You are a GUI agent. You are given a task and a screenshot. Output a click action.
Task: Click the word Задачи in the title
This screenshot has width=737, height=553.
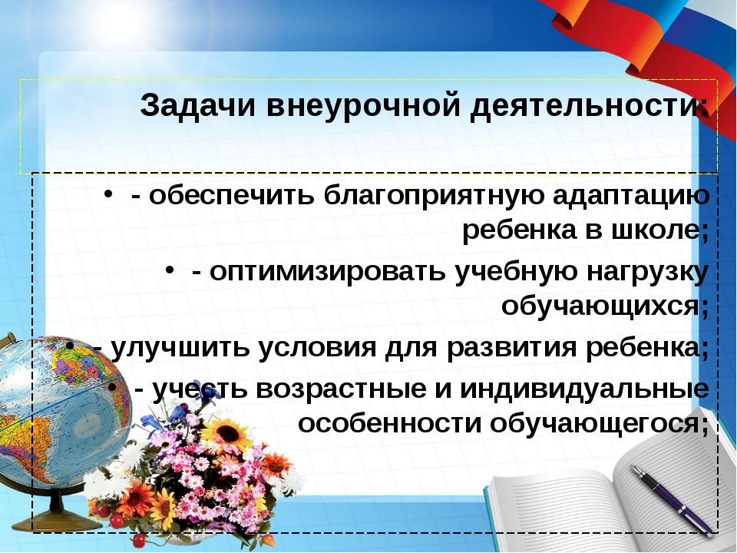pyautogui.click(x=198, y=106)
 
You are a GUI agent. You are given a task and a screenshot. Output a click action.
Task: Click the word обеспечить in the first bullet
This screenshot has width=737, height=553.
pyautogui.click(x=231, y=194)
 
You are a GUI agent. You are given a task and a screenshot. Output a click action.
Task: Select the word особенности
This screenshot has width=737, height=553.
pyautogui.click(x=390, y=423)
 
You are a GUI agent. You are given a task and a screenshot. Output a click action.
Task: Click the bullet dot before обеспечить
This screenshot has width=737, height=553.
pyautogui.click(x=108, y=194)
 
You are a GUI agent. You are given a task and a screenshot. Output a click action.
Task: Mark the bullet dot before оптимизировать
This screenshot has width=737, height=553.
pyautogui.click(x=170, y=271)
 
